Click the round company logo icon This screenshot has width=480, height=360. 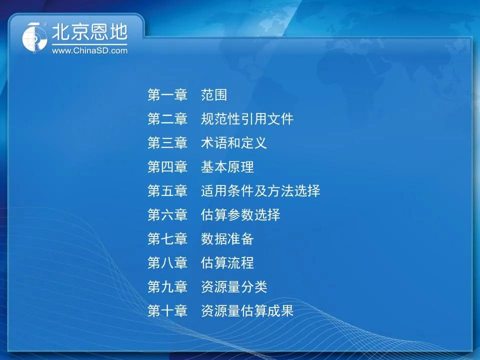coord(34,37)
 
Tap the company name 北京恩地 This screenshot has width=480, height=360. coord(89,32)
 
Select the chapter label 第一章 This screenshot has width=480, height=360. coord(167,95)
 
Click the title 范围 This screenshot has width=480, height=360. coord(214,95)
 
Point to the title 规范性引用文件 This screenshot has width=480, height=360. coord(247,119)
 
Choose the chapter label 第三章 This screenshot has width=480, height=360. coord(167,143)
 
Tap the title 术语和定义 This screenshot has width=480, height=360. coord(234,143)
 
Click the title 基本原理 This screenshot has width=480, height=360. coord(227,167)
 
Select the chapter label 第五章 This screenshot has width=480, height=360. coord(167,190)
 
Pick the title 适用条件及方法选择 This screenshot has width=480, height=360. coord(260,190)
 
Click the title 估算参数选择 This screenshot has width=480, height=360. coord(240,214)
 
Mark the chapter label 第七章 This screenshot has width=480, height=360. coord(167,239)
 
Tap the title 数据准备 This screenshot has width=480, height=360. coord(227,239)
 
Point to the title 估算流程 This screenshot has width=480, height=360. coord(227,262)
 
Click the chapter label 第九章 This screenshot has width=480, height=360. coord(167,286)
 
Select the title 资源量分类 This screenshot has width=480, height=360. coord(234,286)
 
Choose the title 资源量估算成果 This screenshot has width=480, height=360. coord(247,310)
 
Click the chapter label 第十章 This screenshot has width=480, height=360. coord(167,310)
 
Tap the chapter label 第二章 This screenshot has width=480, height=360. coord(167,119)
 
